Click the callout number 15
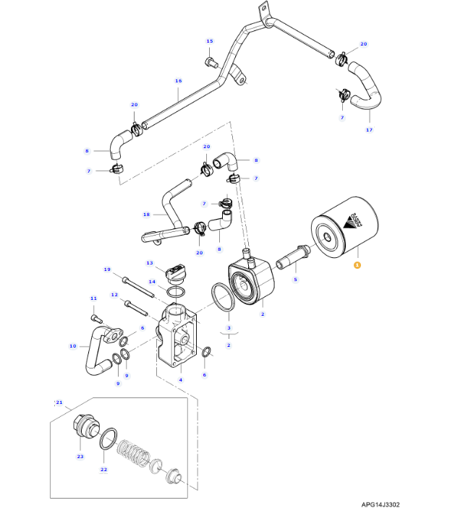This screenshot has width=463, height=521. point(210,41)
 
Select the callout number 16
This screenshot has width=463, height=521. point(178,81)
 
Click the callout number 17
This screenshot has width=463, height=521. point(369,130)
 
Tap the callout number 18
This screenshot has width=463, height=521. point(146,215)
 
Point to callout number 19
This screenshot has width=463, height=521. point(107,270)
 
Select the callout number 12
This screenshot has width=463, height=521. point(114,294)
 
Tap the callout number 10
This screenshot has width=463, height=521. point(72,346)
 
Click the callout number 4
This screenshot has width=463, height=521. point(181,379)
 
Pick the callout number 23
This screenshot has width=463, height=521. point(80,456)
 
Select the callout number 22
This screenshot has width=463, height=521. point(103,469)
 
